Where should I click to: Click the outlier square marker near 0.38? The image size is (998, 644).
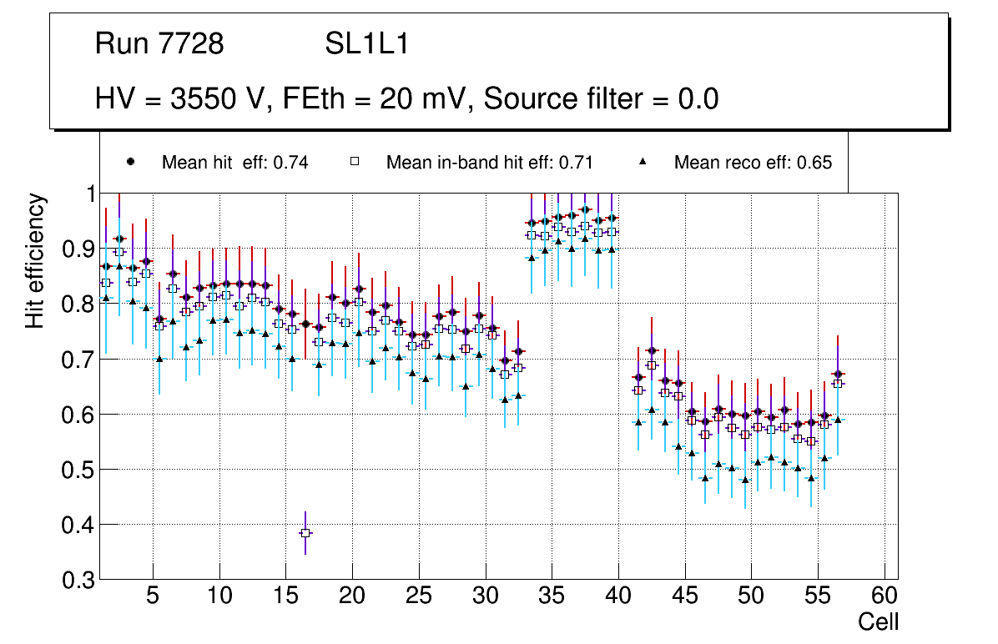pyautogui.click(x=305, y=533)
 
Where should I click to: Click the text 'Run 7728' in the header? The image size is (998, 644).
pyautogui.click(x=159, y=44)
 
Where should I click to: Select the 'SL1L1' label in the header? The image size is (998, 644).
pyautogui.click(x=366, y=44)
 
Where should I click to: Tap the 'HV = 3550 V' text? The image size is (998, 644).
pyautogui.click(x=180, y=98)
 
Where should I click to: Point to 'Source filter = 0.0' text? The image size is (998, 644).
pyautogui.click(x=601, y=98)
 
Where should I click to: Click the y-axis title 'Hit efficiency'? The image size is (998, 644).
pyautogui.click(x=35, y=260)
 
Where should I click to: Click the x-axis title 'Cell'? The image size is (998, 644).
pyautogui.click(x=879, y=621)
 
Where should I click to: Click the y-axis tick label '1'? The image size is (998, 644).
pyautogui.click(x=87, y=194)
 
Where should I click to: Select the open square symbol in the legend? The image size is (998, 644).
pyautogui.click(x=355, y=162)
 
